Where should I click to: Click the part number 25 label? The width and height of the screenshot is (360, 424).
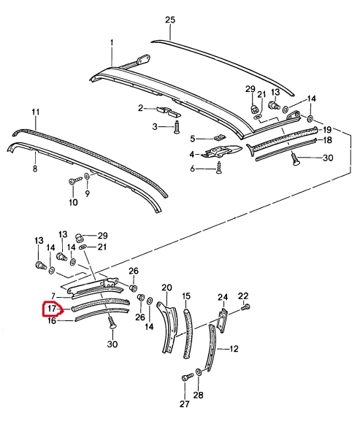[170, 20]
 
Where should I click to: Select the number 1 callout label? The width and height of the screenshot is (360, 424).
[112, 43]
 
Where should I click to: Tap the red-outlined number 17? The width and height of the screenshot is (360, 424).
[51, 309]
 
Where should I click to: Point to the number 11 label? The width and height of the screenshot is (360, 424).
[35, 112]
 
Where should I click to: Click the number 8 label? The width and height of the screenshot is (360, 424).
[35, 169]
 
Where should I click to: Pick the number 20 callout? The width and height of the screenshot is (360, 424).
[166, 288]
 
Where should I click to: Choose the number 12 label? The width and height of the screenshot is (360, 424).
[234, 349]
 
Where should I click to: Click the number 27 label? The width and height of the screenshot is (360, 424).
[185, 404]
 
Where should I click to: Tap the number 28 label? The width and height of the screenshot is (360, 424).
[199, 395]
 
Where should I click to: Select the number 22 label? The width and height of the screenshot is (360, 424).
[243, 296]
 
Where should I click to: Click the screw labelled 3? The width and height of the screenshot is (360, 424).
[177, 126]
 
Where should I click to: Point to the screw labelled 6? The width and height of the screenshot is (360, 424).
[218, 168]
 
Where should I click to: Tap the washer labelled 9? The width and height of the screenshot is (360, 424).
[87, 176]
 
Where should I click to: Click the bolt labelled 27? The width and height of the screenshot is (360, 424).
[188, 376]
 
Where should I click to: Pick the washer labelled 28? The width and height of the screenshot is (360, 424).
[199, 372]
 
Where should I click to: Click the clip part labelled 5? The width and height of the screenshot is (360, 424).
[219, 137]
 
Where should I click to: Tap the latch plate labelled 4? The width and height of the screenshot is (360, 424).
[221, 151]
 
